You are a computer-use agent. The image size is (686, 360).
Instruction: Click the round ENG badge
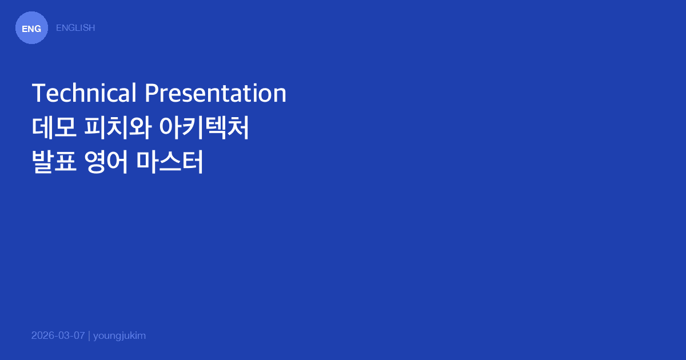[x=31, y=28]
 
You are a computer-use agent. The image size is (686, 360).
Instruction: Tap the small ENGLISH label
[x=75, y=27]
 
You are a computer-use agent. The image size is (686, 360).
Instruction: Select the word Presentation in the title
[x=216, y=93]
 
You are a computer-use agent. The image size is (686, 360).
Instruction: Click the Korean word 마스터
[x=170, y=163]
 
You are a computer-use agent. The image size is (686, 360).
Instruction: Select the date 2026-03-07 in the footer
[x=58, y=335]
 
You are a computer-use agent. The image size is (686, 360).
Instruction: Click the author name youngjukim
[x=119, y=335]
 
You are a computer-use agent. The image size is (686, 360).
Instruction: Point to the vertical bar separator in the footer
[x=89, y=335]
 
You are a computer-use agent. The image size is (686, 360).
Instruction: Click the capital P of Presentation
[x=151, y=93]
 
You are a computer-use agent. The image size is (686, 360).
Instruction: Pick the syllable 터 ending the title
[x=193, y=163]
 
